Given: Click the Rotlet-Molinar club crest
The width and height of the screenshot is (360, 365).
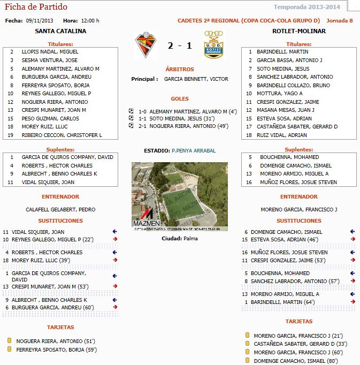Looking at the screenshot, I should tap(214, 45).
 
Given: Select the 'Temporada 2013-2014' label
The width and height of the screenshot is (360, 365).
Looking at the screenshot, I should tap(307, 7).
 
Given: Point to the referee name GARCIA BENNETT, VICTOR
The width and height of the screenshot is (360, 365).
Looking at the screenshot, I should tap(196, 79).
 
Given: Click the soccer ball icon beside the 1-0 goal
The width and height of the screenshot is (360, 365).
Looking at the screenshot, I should tap(131, 111).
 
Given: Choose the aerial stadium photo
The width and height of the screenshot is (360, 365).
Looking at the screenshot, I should tap(179, 196).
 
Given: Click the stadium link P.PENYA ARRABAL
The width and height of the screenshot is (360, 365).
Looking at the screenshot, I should tap(194, 151).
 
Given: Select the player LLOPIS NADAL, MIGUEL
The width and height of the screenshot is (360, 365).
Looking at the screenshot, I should tap(50, 52).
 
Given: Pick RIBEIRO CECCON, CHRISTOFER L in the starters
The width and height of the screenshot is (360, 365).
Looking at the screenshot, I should tap(62, 135).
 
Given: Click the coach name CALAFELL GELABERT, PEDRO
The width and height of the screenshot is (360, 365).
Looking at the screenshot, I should tap(60, 209).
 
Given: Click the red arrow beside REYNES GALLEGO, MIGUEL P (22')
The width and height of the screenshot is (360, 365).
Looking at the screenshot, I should tap(114, 239).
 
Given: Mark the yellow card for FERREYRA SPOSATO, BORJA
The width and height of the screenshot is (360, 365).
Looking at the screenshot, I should tap(10, 349).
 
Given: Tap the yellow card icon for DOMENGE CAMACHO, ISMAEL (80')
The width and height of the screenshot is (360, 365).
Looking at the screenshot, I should tap(247, 361).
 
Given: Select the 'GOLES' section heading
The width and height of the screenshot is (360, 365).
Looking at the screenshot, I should tap(179, 99).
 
